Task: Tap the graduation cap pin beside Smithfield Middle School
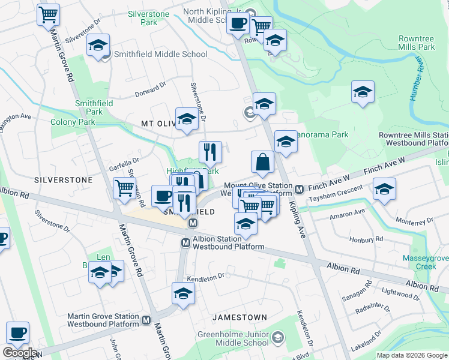pos(98,46)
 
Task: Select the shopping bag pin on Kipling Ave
pos(262,161)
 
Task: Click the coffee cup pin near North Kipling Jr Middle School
pos(238,25)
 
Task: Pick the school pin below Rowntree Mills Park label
pos(363,92)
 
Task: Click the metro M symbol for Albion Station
pos(186,242)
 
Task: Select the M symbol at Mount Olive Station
pos(299,190)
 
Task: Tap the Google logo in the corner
pos(19,353)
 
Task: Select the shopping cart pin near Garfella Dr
pos(124,188)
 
